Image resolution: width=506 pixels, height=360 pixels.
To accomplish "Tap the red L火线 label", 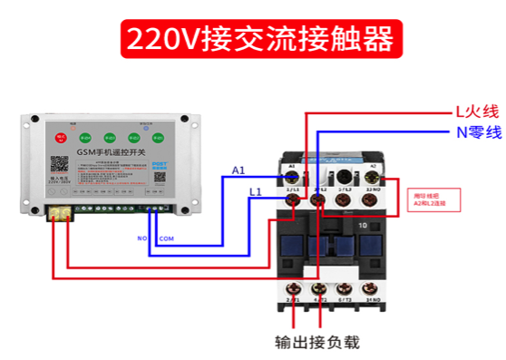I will click(x=477, y=112).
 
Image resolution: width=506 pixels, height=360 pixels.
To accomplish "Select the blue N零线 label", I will click(x=478, y=133).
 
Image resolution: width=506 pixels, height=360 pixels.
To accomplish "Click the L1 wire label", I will click(x=256, y=192).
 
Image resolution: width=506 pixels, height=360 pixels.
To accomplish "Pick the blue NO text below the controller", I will click(x=141, y=238).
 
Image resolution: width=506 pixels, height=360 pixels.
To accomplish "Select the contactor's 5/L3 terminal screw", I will click(x=344, y=196).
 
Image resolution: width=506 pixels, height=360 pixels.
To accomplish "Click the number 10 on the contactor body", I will click(x=362, y=224).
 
